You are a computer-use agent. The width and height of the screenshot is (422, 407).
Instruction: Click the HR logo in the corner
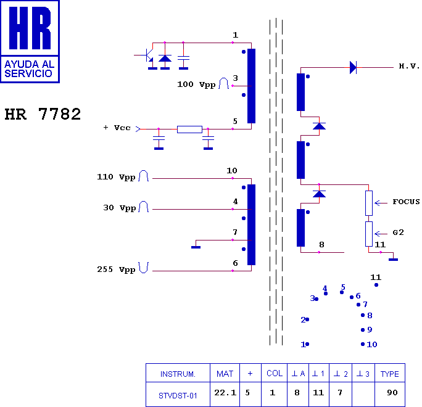pyautogui.click(x=30, y=41)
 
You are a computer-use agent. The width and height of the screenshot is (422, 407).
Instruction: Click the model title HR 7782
pyautogui.click(x=43, y=115)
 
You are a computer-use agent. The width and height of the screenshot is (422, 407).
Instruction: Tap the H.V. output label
pyautogui.click(x=409, y=66)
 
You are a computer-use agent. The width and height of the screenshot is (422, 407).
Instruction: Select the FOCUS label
pyautogui.click(x=405, y=202)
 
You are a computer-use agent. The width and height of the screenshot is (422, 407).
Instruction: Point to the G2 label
pyautogui.click(x=398, y=232)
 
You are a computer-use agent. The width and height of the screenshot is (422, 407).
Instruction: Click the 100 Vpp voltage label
pyautogui.click(x=196, y=84)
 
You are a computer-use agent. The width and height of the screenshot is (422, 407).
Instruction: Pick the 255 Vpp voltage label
pyautogui.click(x=116, y=269)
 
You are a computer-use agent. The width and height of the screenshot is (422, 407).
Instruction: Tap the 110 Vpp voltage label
pyautogui.click(x=116, y=177)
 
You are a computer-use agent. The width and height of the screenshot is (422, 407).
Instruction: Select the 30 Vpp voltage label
pyautogui.click(x=119, y=208)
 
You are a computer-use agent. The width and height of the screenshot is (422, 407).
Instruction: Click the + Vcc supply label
pyautogui.click(x=117, y=128)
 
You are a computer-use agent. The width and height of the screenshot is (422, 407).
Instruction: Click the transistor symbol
pyautogui.click(x=148, y=55)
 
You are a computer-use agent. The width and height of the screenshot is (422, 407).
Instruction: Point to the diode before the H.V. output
pyautogui.click(x=353, y=67)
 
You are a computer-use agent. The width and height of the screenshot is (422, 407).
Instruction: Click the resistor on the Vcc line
pyautogui.click(x=189, y=129)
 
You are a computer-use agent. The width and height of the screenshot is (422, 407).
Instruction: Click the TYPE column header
pyautogui.click(x=389, y=374)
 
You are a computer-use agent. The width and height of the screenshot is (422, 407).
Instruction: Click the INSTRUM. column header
pyautogui.click(x=178, y=374)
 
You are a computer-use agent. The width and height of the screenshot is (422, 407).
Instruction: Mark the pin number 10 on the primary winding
pyautogui.click(x=231, y=171)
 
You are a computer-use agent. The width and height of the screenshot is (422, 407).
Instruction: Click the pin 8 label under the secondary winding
pyautogui.click(x=321, y=245)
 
